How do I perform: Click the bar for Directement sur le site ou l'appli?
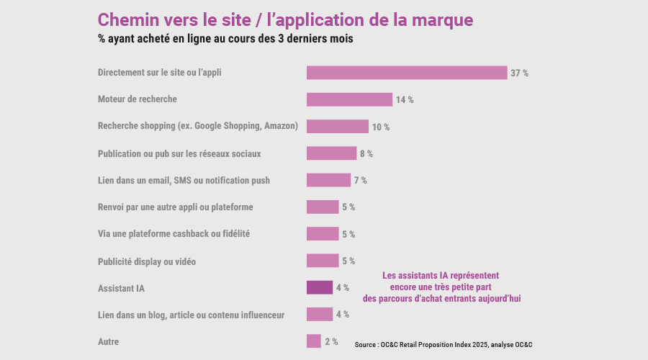click(x=407, y=73)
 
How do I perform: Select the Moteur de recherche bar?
click(x=349, y=99)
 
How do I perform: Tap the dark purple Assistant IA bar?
click(x=320, y=287)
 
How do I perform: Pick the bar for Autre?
click(x=314, y=341)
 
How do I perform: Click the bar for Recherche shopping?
click(x=338, y=127)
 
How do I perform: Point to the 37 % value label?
click(x=519, y=73)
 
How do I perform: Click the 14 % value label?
click(x=405, y=100)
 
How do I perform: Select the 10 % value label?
click(x=381, y=127)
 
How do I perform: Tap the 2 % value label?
click(x=331, y=341)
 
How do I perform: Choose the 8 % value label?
click(x=366, y=154)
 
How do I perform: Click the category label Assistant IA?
click(x=121, y=288)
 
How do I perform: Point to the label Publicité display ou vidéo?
click(x=147, y=261)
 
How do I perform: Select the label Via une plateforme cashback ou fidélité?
click(x=174, y=234)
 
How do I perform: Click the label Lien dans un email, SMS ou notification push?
click(x=184, y=180)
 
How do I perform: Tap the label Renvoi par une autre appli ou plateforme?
click(x=175, y=207)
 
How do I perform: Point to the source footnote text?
click(x=448, y=345)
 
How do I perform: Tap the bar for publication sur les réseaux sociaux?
click(x=331, y=153)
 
